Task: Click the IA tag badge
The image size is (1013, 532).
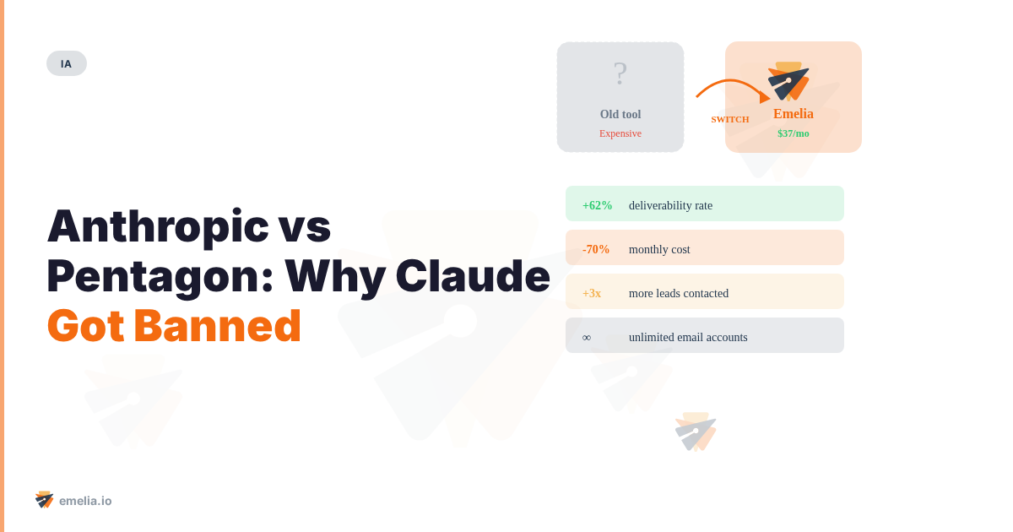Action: pyautogui.click(x=67, y=63)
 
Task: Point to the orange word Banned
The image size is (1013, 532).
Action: pyautogui.click(x=217, y=326)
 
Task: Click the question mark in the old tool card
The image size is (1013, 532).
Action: pyautogui.click(x=620, y=74)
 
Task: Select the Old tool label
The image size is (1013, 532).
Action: pyautogui.click(x=620, y=114)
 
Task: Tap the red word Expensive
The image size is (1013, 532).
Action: pyautogui.click(x=620, y=133)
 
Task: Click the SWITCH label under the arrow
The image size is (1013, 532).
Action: pyautogui.click(x=730, y=119)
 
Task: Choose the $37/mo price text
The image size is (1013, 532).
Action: pyautogui.click(x=794, y=133)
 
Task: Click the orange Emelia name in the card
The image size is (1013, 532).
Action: pyautogui.click(x=794, y=114)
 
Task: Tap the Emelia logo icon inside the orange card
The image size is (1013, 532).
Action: pyautogui.click(x=789, y=80)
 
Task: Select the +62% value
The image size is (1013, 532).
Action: pyautogui.click(x=598, y=205)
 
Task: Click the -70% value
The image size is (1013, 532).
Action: pyautogui.click(x=596, y=249)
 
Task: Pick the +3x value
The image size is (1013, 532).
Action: pyautogui.click(x=592, y=293)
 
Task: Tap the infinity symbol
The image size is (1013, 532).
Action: pyautogui.click(x=587, y=337)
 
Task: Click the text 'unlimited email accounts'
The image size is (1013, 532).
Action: pyautogui.click(x=688, y=337)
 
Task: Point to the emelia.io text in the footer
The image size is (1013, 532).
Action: pyautogui.click(x=85, y=501)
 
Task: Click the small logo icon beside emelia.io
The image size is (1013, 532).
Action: pyautogui.click(x=45, y=500)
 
